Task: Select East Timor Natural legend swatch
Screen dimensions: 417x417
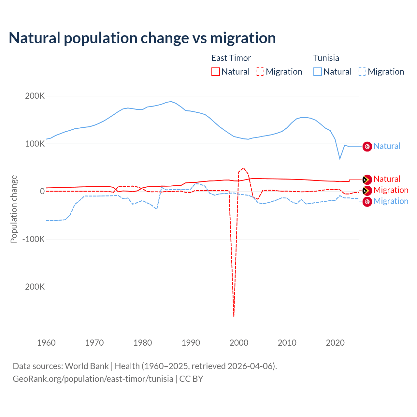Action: pos(215,72)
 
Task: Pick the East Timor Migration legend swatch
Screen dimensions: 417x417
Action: pos(260,72)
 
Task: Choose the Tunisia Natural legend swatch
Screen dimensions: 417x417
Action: pos(318,72)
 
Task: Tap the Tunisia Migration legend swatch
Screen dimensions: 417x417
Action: pos(362,72)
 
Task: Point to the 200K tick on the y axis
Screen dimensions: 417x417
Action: pos(35,96)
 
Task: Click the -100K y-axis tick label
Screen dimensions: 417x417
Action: pos(33,239)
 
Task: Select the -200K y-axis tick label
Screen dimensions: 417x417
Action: pos(33,287)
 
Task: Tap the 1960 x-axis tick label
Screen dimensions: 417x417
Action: pos(46,343)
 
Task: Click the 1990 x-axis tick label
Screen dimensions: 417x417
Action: pos(191,343)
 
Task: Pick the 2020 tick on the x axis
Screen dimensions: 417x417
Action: pos(335,343)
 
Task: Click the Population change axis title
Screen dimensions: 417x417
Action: pos(14,209)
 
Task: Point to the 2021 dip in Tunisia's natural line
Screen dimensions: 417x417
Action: pos(340,159)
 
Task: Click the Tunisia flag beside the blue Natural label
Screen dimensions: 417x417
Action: pos(367,147)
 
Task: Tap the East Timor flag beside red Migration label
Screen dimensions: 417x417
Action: pos(367,191)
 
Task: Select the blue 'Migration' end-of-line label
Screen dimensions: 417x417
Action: pos(391,201)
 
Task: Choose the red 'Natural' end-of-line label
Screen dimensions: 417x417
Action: pos(387,179)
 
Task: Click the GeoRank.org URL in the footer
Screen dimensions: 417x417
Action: pos(93,379)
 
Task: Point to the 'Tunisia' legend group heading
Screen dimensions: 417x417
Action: pos(326,58)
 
